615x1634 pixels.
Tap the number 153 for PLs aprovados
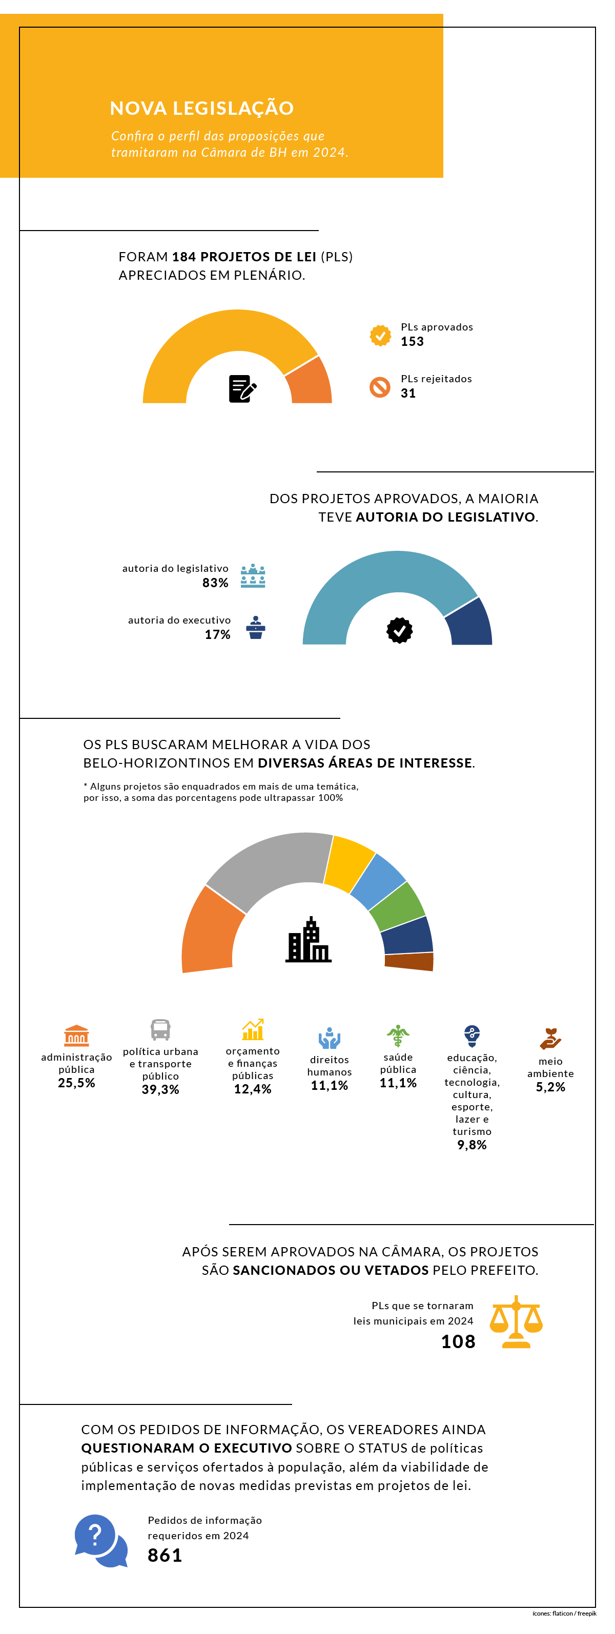[x=412, y=341]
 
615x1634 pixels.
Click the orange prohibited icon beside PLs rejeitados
[x=380, y=387]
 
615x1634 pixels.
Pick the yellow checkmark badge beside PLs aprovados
[x=380, y=336]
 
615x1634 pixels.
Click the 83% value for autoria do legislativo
[x=215, y=583]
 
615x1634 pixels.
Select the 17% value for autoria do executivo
[x=217, y=634]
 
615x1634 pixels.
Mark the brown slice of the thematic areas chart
[x=409, y=961]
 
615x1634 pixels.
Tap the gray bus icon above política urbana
[x=160, y=1029]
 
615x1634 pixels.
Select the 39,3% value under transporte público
[x=160, y=1089]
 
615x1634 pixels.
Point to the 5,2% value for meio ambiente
[x=550, y=1087]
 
